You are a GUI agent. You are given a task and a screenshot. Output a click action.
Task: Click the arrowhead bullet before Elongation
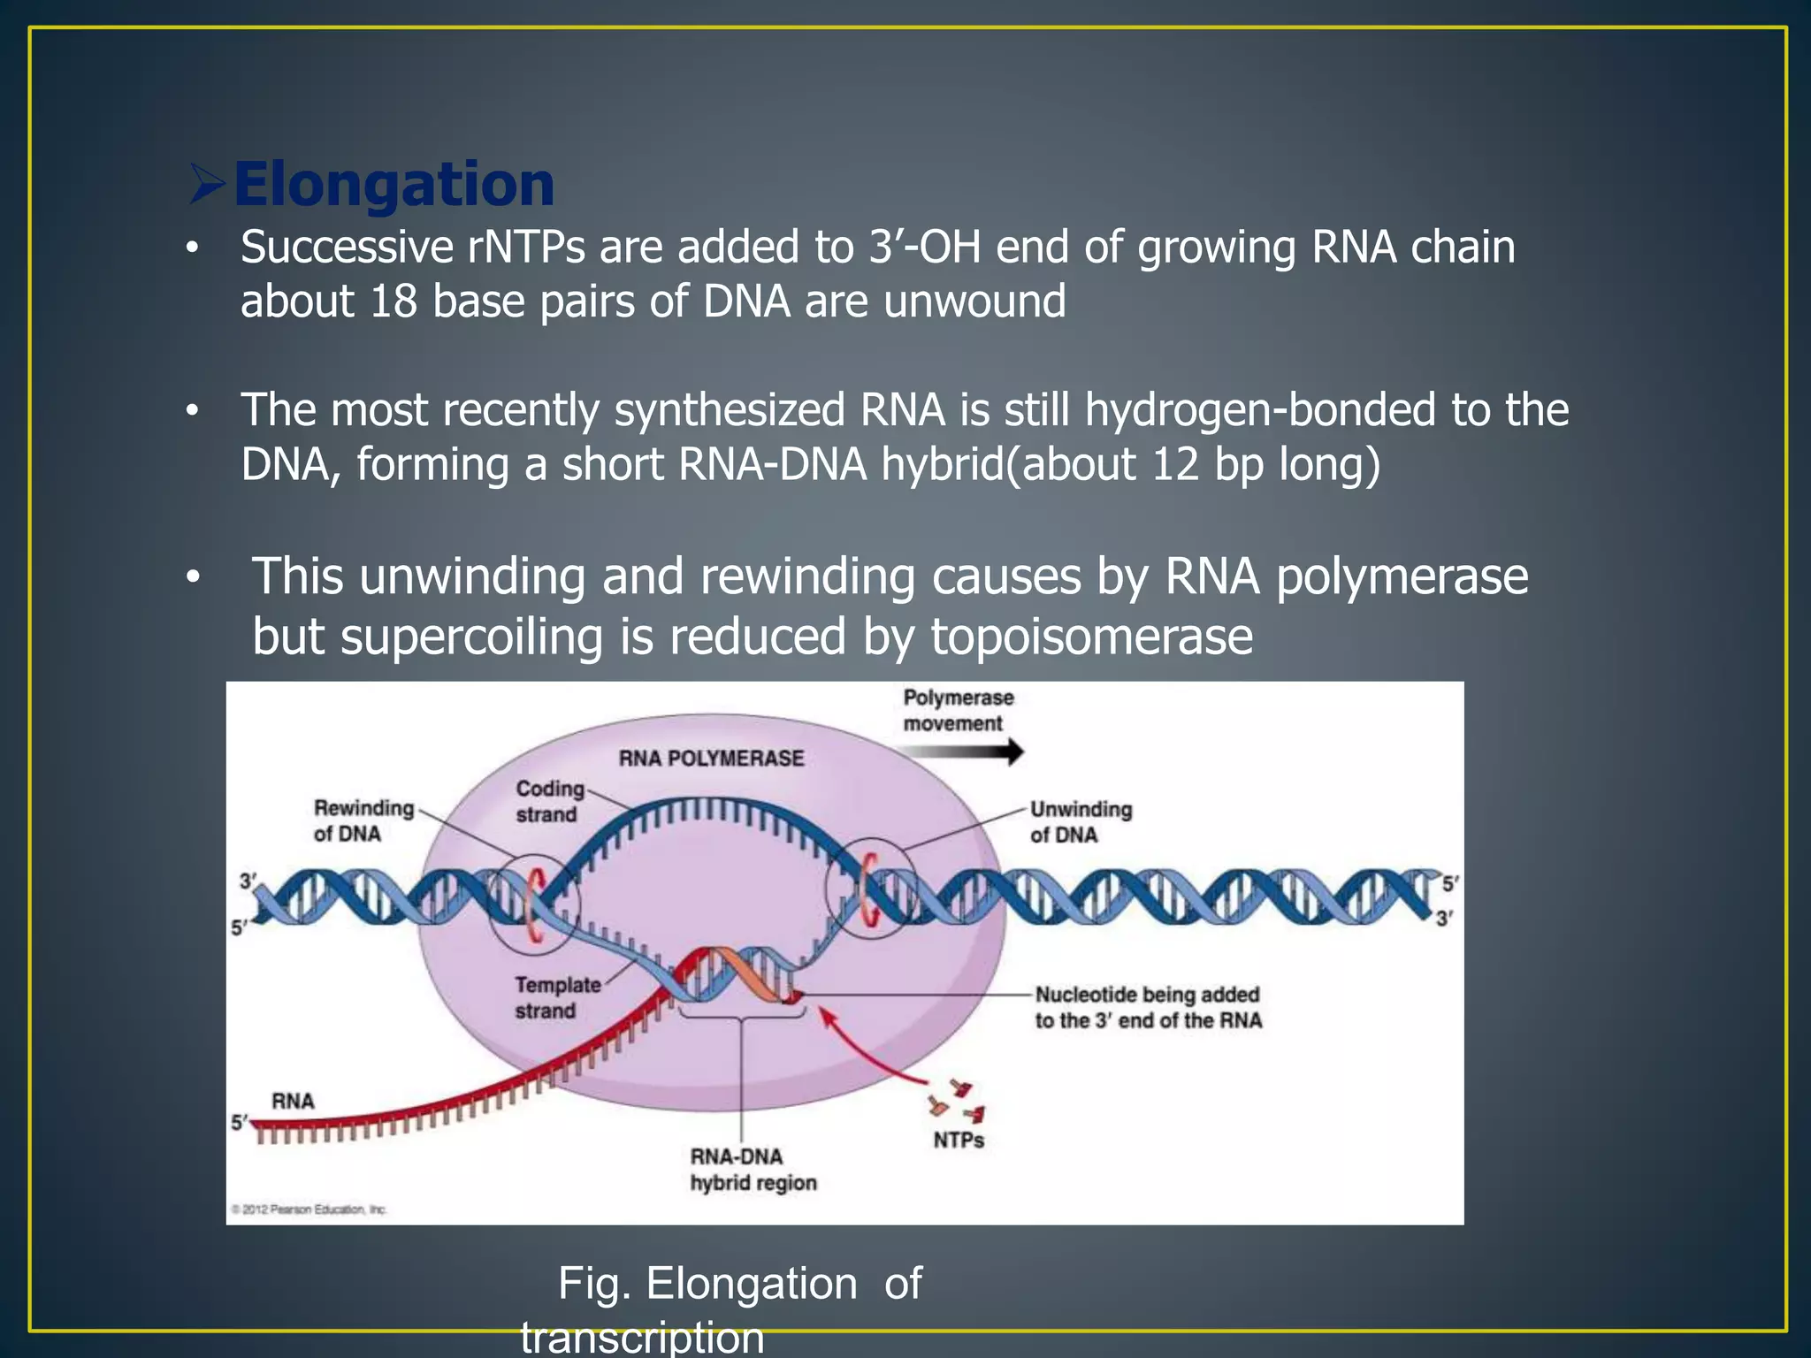click(207, 184)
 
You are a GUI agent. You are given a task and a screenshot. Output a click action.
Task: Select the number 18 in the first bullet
click(393, 301)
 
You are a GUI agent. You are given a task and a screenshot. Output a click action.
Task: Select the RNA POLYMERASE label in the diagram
click(711, 759)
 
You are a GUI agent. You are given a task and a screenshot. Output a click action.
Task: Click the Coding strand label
click(549, 801)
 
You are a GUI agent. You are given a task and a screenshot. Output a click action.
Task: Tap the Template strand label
click(557, 997)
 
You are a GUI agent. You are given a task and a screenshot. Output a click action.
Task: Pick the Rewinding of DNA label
click(363, 820)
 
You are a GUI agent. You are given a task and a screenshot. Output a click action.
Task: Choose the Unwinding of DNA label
click(1080, 822)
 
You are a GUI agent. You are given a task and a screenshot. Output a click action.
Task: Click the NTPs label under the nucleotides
click(959, 1141)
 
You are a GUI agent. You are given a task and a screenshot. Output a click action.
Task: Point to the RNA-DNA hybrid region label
click(752, 1169)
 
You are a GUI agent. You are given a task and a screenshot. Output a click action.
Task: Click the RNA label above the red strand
click(293, 1102)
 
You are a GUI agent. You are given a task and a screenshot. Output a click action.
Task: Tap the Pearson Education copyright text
click(309, 1209)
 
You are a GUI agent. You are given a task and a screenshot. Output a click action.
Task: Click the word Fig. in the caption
click(593, 1284)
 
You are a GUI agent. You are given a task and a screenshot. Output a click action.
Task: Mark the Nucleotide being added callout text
click(1148, 1007)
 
